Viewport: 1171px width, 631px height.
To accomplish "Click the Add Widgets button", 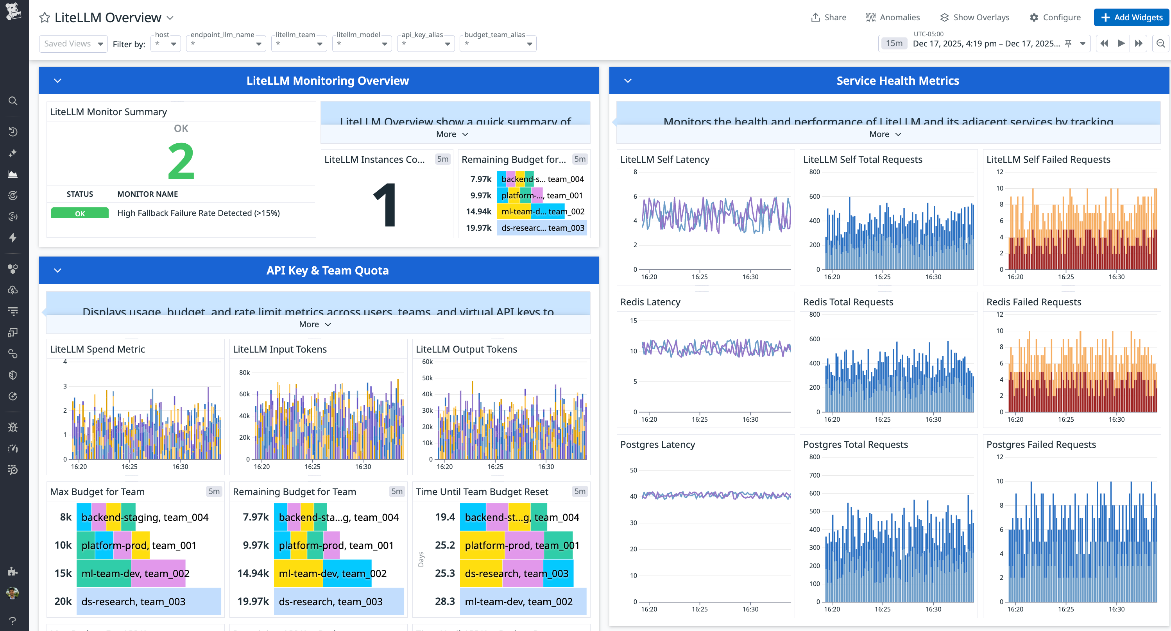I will pos(1131,17).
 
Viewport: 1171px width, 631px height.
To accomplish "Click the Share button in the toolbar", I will pos(828,17).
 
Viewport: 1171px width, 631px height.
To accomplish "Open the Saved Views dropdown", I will pos(73,44).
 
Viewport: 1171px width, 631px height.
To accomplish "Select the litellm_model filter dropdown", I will pos(362,44).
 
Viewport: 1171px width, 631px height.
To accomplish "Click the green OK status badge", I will pos(80,213).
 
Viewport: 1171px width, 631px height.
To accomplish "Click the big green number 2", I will pos(181,161).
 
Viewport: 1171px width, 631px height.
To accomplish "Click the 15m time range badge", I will pos(893,44).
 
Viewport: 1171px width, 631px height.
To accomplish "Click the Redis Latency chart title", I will pos(650,302).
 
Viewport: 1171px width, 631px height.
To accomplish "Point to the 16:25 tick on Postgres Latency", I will pos(699,609).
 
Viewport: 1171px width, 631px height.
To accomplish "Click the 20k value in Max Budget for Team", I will pos(63,601).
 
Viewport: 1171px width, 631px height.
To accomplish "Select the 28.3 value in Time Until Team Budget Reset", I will pos(444,601).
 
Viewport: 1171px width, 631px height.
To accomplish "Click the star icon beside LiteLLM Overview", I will pos(45,18).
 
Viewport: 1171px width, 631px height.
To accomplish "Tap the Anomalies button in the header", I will pos(893,17).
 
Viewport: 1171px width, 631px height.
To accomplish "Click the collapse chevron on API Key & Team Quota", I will pos(58,270).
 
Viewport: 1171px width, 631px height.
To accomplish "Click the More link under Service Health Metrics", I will pos(884,134).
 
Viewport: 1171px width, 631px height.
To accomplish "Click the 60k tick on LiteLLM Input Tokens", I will pos(244,394).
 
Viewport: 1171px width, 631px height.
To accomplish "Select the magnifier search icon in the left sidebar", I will pos(13,101).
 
